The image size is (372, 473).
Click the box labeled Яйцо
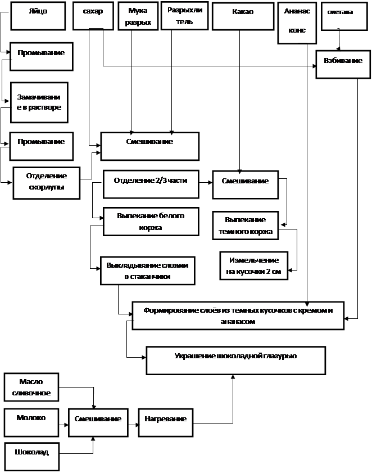[x=38, y=16]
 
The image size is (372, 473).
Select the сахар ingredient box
[x=93, y=16]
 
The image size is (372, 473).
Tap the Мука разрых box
[x=138, y=16]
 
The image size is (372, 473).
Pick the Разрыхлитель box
[x=184, y=16]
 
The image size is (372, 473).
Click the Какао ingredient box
[x=243, y=16]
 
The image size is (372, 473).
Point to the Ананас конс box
[x=297, y=23]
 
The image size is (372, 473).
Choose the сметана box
[x=344, y=16]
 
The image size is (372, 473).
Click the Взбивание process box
[x=343, y=65]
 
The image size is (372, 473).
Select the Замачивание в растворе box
[x=39, y=102]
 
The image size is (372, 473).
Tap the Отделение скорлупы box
[x=47, y=183]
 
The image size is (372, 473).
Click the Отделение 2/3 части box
[x=151, y=184]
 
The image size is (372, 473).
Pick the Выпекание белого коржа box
[x=151, y=222]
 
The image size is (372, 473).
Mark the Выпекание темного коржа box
[x=246, y=226]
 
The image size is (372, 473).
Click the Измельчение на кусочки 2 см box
[x=254, y=266]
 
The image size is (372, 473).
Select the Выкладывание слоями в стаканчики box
[x=148, y=271]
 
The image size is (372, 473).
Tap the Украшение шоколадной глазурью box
[x=236, y=361]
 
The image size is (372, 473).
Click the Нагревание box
[x=166, y=422]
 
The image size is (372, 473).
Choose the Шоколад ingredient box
[x=31, y=457]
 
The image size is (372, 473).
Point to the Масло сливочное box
[x=31, y=388]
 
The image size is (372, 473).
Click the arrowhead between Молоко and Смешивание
[x=66, y=425]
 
